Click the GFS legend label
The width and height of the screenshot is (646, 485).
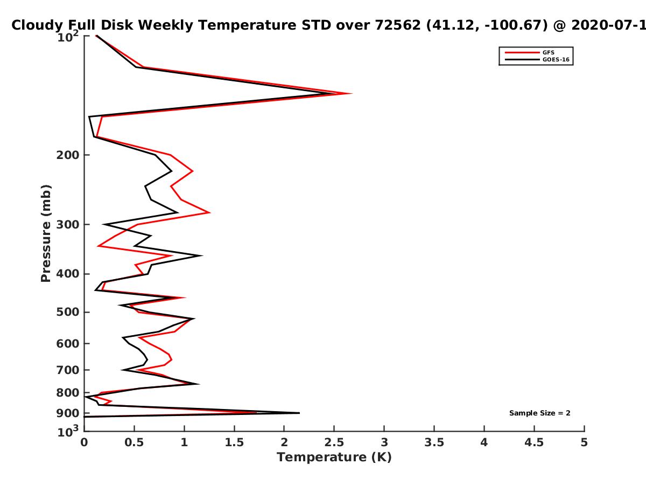(x=548, y=52)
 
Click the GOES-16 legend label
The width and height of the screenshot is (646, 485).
(x=556, y=59)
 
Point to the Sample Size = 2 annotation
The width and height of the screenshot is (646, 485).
(x=540, y=413)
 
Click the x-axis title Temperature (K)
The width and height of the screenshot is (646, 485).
(x=334, y=457)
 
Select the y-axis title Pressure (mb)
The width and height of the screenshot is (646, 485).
(x=46, y=233)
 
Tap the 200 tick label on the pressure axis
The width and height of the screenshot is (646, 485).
(x=68, y=155)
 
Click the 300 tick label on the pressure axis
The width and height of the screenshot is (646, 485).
(x=68, y=225)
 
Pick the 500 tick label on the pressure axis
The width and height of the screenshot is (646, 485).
(x=68, y=312)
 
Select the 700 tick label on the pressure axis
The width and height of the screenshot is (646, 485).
(x=68, y=370)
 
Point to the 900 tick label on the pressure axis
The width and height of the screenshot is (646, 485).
(x=68, y=413)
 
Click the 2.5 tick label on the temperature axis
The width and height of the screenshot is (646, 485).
(x=334, y=442)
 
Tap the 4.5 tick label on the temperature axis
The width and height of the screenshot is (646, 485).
(x=534, y=442)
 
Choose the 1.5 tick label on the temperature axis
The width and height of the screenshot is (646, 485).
(x=234, y=442)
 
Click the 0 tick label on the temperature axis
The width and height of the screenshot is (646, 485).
(x=84, y=442)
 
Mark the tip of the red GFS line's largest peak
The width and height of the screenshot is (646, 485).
(x=352, y=94)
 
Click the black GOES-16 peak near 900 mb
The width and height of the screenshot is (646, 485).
(x=299, y=413)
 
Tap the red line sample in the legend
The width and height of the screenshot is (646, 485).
(x=522, y=52)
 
